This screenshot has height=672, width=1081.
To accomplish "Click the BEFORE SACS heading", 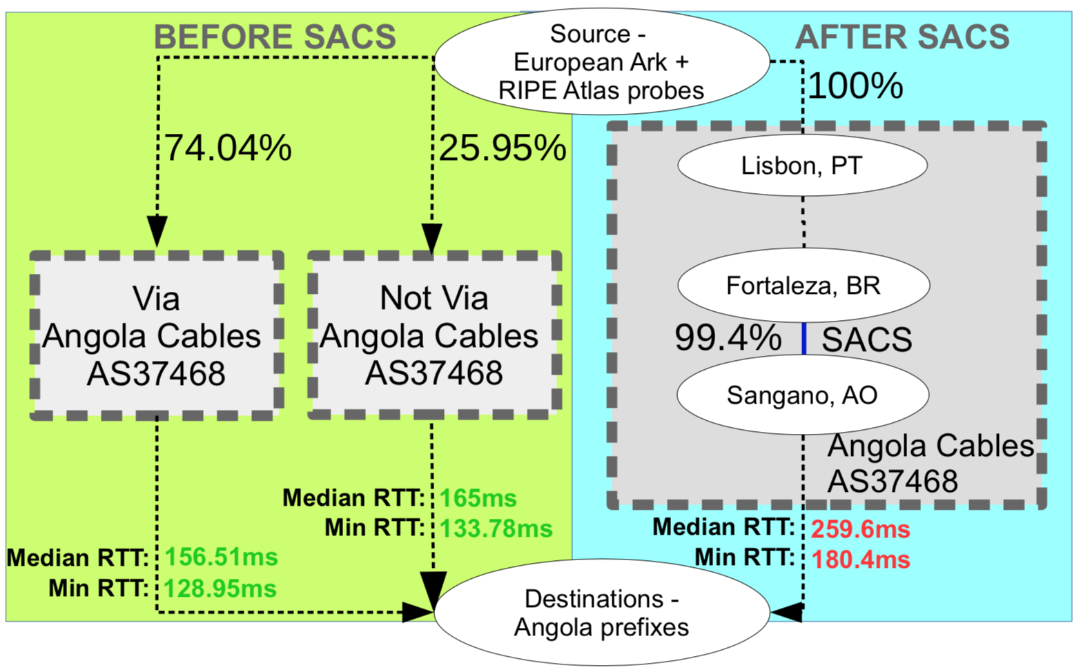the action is click(275, 37).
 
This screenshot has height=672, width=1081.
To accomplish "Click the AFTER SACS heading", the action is click(902, 37).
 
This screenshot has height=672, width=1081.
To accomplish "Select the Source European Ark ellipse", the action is click(602, 61).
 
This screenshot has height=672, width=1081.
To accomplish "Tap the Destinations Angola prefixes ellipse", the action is click(602, 613).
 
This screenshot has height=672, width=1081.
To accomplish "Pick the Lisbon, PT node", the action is click(803, 165).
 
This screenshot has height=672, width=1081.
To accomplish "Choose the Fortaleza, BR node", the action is click(804, 285).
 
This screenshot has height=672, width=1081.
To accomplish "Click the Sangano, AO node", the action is click(803, 395).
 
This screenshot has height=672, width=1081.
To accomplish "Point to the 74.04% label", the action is click(228, 147).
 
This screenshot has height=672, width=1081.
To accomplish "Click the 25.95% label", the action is click(503, 147).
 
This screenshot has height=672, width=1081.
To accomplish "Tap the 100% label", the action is click(855, 86).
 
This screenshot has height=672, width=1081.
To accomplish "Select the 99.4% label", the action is click(728, 337).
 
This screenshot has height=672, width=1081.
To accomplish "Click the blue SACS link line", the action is click(804, 339).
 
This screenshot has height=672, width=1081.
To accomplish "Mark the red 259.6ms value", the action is click(861, 529).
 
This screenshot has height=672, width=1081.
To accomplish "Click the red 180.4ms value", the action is click(861, 560).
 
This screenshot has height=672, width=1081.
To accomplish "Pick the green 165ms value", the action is click(478, 498).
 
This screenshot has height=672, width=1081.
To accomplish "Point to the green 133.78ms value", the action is click(496, 528).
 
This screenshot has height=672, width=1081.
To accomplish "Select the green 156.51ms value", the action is click(222, 557).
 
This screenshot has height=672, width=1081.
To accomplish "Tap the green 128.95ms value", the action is click(220, 589).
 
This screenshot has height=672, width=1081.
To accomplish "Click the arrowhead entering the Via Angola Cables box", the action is click(157, 232).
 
